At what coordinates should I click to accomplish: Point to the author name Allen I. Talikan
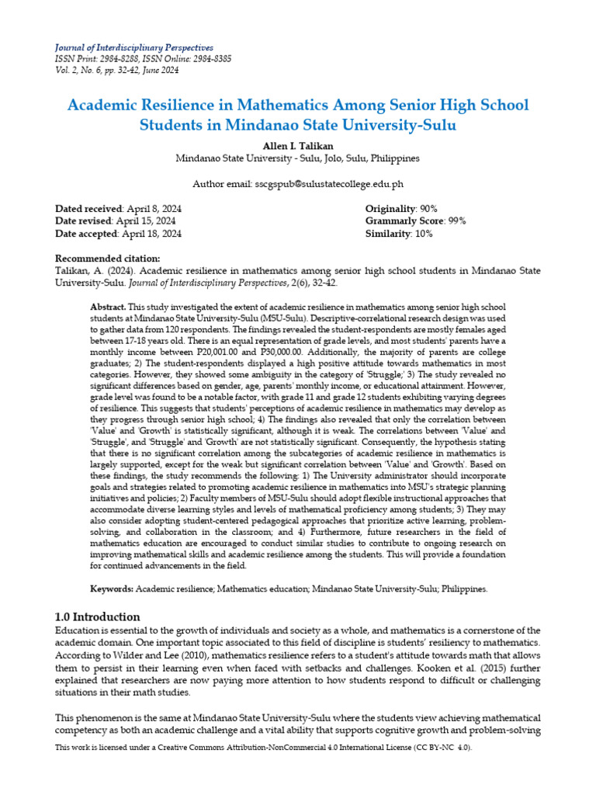point(297,145)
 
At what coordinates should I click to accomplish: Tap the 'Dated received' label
point(88,209)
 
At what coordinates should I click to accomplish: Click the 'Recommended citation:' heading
point(108,259)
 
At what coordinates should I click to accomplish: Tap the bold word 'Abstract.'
point(108,307)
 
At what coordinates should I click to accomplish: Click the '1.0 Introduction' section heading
point(98,616)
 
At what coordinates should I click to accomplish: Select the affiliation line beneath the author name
point(297,158)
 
